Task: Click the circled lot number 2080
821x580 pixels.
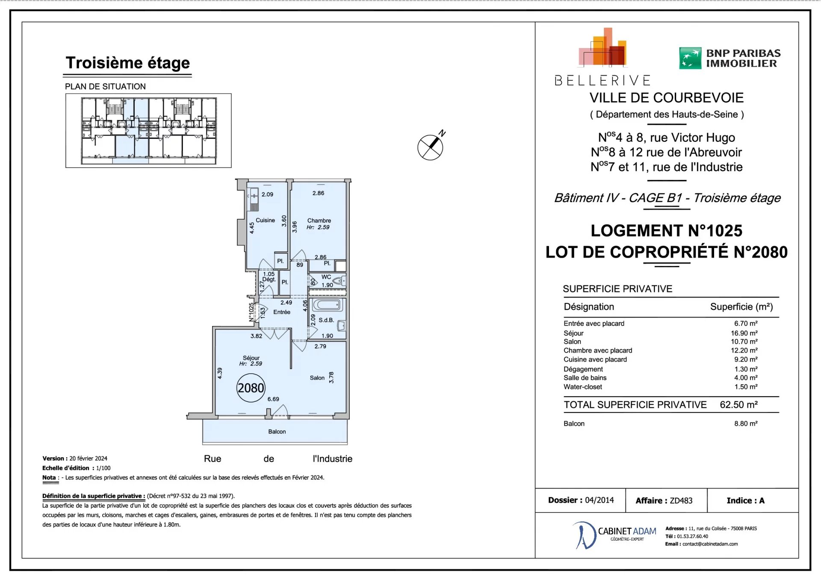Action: [x=251, y=388]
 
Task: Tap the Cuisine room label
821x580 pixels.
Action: [x=265, y=220]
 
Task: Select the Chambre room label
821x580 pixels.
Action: [x=319, y=221]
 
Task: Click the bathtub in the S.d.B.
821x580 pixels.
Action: [x=327, y=305]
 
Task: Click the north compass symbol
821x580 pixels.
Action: [x=431, y=146]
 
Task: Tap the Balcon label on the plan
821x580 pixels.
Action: [x=277, y=432]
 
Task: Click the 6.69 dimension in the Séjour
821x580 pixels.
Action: [x=273, y=399]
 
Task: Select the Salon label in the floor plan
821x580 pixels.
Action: [x=317, y=378]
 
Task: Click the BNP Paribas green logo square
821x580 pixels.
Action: [x=690, y=58]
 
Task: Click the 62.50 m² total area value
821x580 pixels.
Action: [x=738, y=405]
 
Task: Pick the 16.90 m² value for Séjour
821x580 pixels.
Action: [x=744, y=333]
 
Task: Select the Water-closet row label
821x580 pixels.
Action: [x=582, y=387]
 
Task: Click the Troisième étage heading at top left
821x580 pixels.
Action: [x=128, y=63]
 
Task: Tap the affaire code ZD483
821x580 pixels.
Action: [x=681, y=501]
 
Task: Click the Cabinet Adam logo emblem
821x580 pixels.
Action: [x=584, y=535]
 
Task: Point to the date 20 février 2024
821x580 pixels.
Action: [x=89, y=458]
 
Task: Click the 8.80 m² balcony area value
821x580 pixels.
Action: [x=746, y=424]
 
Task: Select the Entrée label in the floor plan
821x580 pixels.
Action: [x=282, y=312]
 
